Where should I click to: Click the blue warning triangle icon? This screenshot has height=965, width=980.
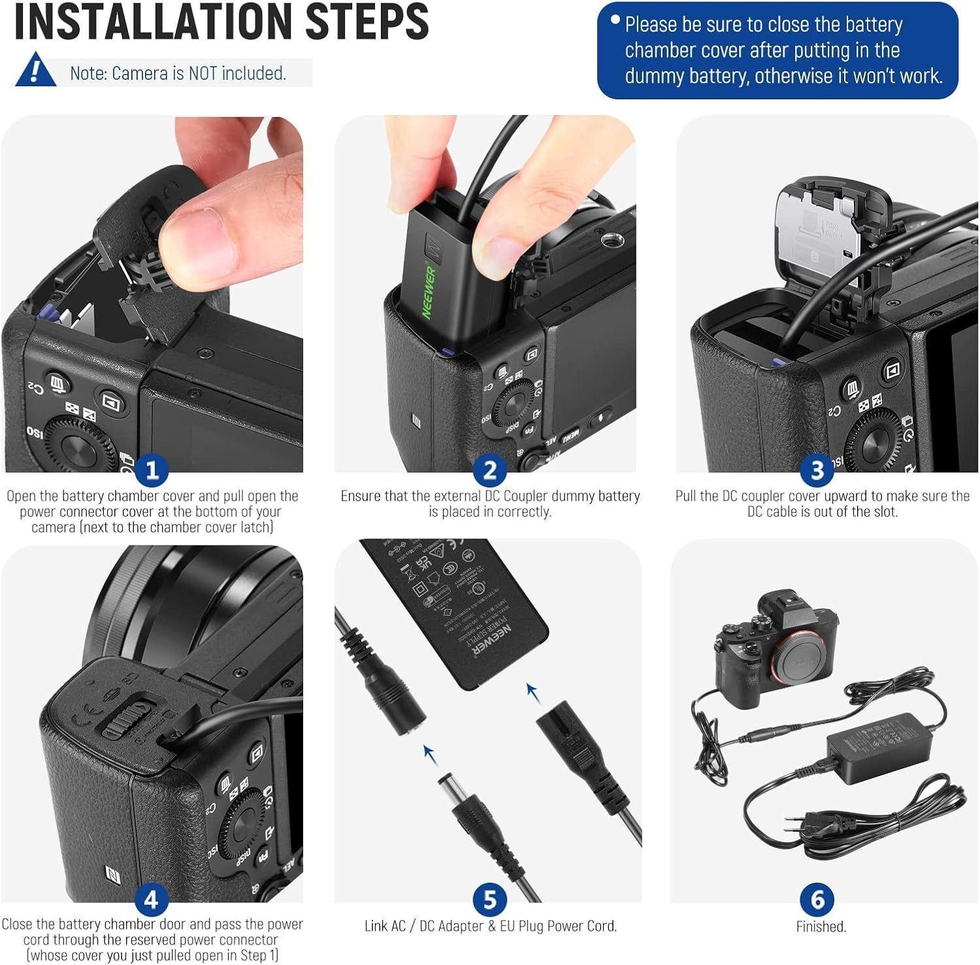click(35, 71)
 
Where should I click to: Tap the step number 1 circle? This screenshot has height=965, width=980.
click(152, 470)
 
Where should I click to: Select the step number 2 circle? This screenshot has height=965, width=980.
click(489, 470)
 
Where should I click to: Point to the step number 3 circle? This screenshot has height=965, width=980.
click(817, 470)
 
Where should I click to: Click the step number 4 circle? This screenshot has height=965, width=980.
click(151, 900)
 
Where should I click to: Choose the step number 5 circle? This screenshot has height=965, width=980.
click(489, 900)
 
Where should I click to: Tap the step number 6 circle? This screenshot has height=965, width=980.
click(817, 900)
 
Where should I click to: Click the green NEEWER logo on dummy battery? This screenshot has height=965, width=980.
click(430, 291)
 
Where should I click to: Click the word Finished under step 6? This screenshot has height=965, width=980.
click(821, 926)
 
